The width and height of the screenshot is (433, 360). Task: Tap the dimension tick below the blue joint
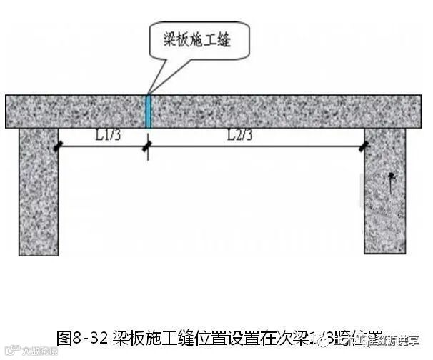(x=147, y=148)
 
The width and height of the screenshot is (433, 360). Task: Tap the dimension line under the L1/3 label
(x=100, y=147)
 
